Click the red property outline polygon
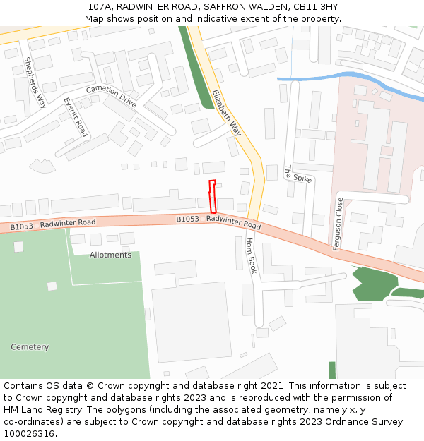point(212,197)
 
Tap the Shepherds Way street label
point(35,82)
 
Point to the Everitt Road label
point(75,117)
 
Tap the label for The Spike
point(298,174)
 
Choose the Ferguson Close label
point(338,224)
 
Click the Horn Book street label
point(251,255)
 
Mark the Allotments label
point(110,255)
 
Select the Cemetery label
point(30,347)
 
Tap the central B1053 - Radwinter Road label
point(218,222)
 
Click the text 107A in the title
point(100,6)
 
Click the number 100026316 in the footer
point(29,434)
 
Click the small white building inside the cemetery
point(52,286)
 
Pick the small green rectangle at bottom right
point(332,370)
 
